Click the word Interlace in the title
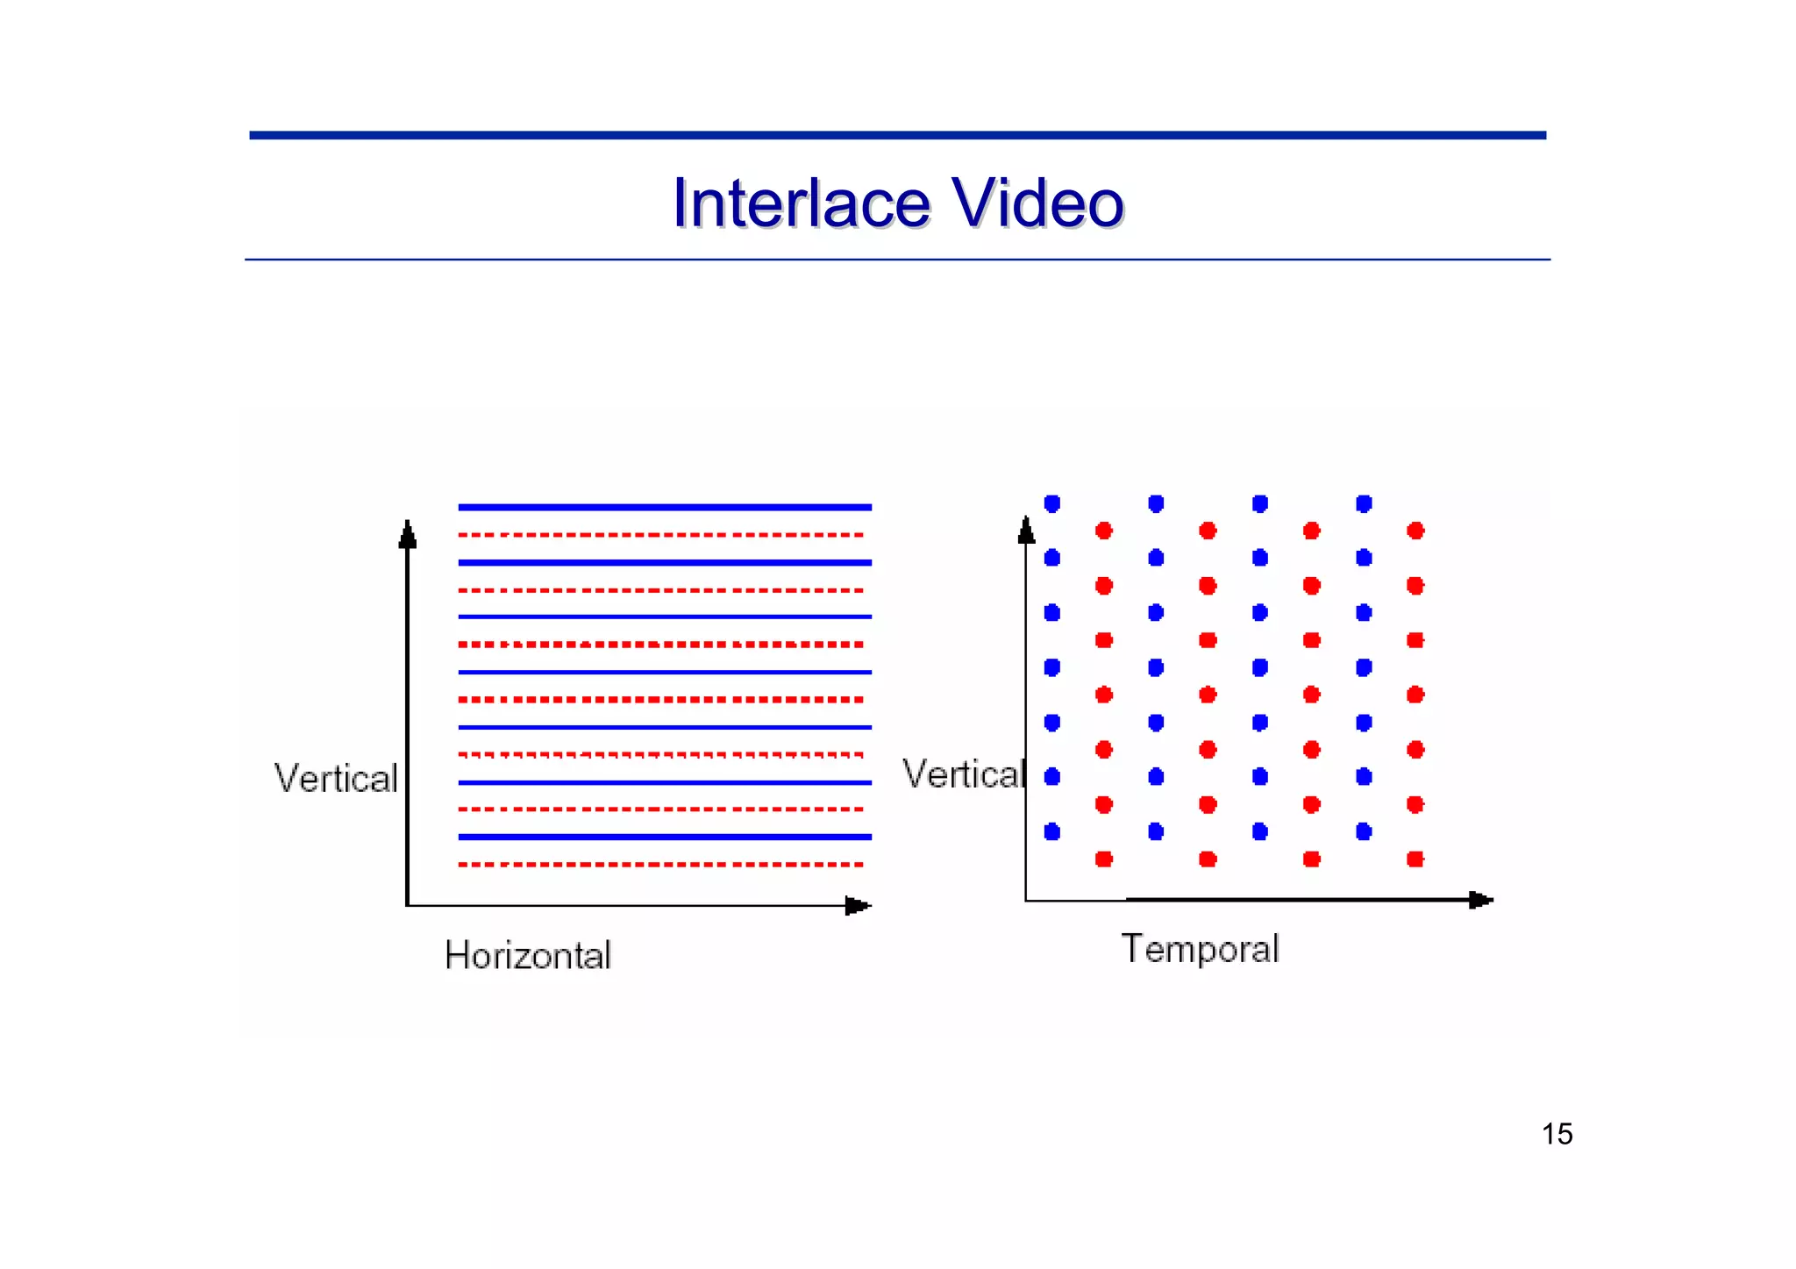801,203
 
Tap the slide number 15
1557,1134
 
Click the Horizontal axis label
527,955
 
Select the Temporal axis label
1200,949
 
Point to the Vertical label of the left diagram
336,778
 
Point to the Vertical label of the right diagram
963,774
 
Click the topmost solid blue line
665,507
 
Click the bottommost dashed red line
661,865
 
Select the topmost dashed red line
661,534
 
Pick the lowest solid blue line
665,837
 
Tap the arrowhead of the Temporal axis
1480,900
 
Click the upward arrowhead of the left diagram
407,534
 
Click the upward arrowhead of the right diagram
1026,530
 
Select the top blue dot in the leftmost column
1052,503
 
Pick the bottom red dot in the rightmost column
1415,859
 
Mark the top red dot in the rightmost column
1415,531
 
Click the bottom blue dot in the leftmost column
1052,831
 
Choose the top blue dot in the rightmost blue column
1364,503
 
